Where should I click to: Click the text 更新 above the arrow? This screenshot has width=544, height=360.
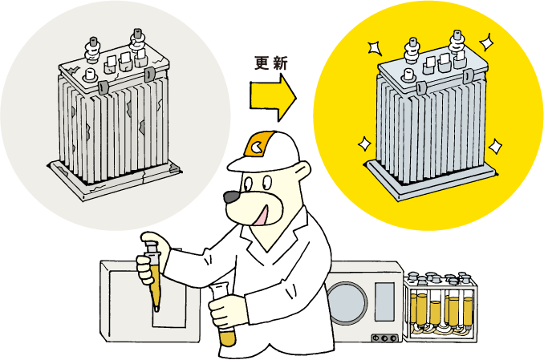[270, 63]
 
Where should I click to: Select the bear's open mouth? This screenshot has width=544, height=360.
[262, 213]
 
